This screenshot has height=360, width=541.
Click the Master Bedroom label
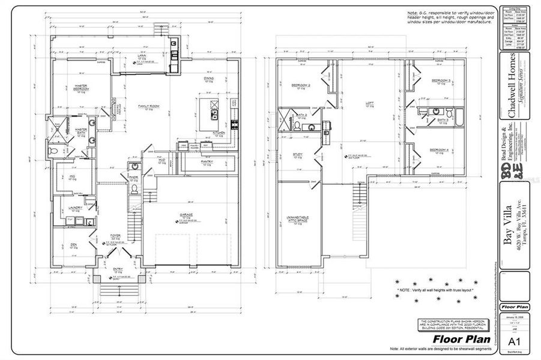[82, 88]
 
